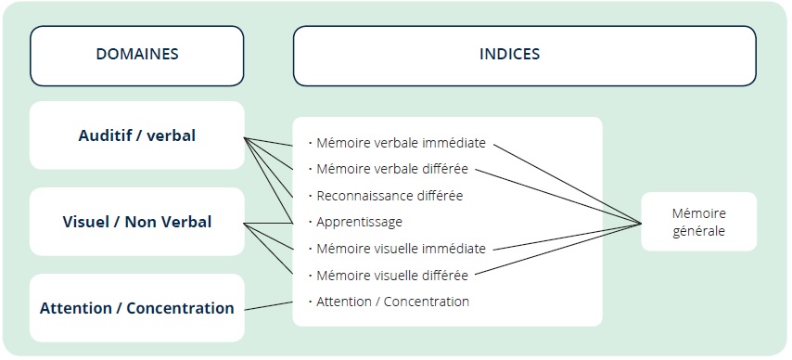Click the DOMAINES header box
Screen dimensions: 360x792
(x=137, y=55)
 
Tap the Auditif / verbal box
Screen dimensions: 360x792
(x=137, y=135)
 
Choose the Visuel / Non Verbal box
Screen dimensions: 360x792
(x=137, y=222)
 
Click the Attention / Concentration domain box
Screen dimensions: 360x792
(x=137, y=308)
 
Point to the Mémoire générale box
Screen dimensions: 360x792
(x=698, y=222)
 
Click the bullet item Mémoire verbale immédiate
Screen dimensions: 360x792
(x=401, y=144)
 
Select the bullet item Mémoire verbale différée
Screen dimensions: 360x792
(x=392, y=170)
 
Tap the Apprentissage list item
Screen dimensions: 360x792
(x=359, y=223)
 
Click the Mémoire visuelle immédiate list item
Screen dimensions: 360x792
(x=401, y=249)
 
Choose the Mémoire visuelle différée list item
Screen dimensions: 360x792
(x=392, y=275)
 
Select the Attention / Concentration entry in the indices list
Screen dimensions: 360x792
(x=392, y=302)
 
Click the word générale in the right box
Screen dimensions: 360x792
(x=698, y=231)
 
